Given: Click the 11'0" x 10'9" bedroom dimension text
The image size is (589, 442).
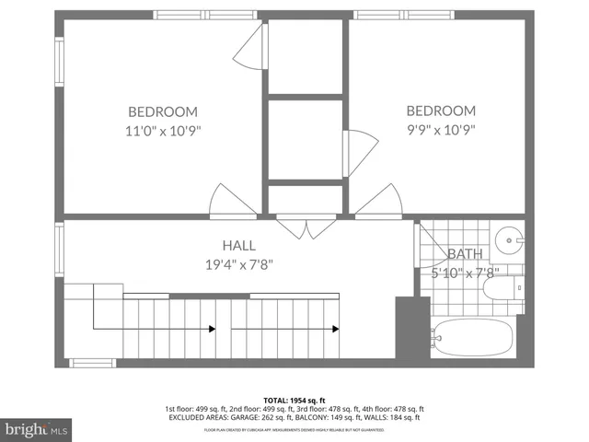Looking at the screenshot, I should point(164,131).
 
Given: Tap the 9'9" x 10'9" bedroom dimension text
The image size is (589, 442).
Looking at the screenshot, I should point(441,131).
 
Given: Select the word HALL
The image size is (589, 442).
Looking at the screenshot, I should point(237,246).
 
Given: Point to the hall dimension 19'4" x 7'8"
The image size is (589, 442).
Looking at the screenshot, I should point(237,264).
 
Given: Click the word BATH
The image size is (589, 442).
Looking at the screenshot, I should point(464,254).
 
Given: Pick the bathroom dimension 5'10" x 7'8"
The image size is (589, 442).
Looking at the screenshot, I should point(464,273).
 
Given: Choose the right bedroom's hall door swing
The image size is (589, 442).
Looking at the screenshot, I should point(377,203).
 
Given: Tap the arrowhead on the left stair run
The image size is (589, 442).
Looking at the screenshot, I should point(212,329).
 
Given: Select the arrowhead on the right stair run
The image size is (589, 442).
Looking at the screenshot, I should point(335,329).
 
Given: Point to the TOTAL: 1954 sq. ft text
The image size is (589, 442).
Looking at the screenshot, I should point(294,400).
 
